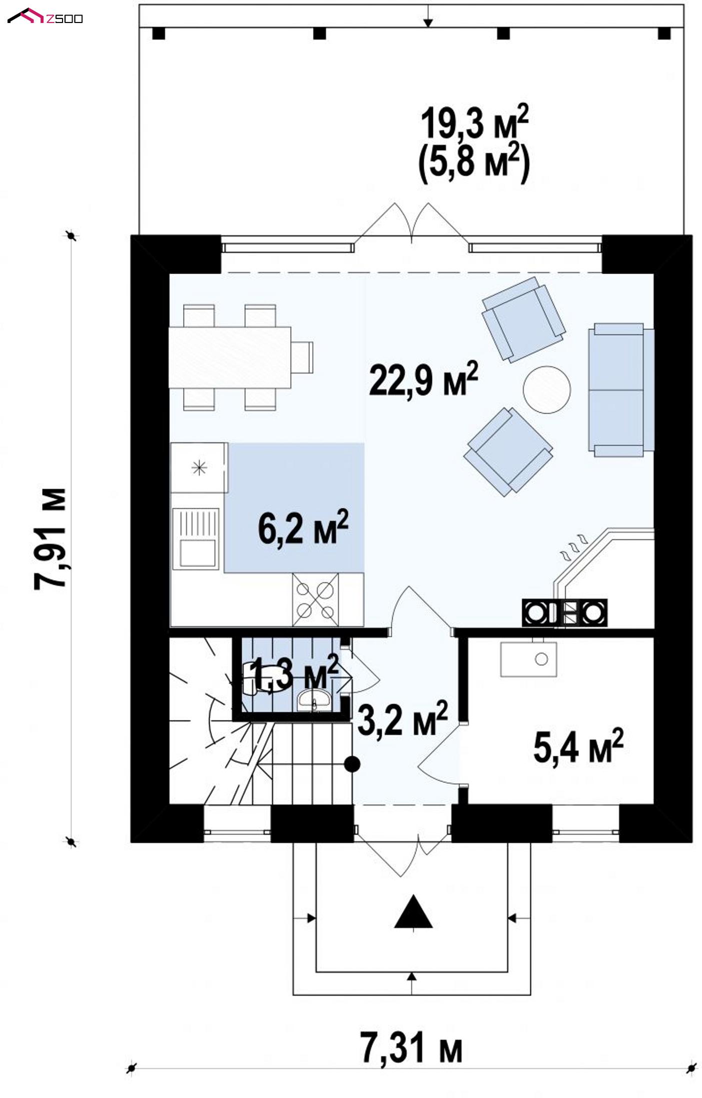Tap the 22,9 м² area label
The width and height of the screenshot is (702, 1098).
(423, 379)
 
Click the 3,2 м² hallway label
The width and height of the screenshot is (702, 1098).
(402, 719)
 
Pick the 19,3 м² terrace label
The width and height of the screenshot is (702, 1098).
(474, 123)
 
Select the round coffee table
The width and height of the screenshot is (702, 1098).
(547, 390)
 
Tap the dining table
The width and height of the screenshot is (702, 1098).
(230, 357)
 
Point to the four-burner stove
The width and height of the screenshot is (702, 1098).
(316, 599)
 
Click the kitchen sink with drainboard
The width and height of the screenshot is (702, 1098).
(196, 538)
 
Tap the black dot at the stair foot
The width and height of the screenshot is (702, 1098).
(353, 777)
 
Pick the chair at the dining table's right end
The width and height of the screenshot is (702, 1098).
(303, 357)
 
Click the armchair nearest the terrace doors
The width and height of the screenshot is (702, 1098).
(524, 319)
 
